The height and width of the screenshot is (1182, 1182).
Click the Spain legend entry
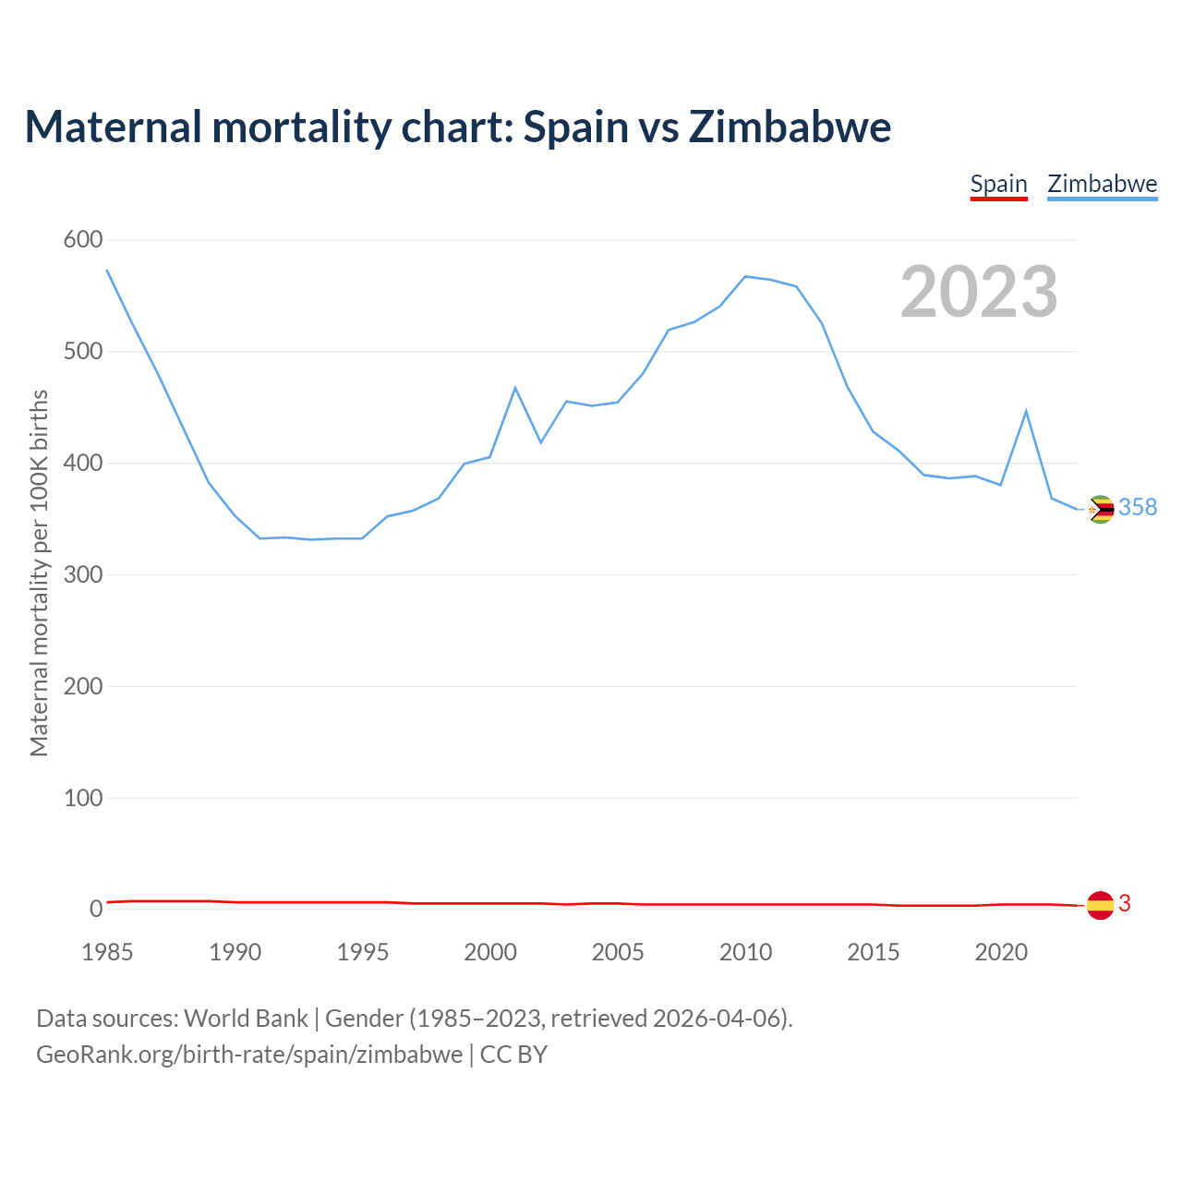(998, 184)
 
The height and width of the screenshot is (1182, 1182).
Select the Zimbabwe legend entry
(1102, 184)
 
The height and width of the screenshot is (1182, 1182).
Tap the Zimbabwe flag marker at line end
(1101, 509)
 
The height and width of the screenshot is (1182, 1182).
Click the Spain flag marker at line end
(1100, 906)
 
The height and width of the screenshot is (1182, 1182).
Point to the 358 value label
(1138, 507)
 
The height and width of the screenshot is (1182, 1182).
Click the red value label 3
(1125, 903)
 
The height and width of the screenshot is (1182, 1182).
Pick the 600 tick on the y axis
(83, 240)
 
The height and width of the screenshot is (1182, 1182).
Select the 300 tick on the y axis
(83, 574)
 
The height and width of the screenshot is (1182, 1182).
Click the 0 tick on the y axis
(96, 909)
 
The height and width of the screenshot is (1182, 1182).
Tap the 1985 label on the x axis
(107, 952)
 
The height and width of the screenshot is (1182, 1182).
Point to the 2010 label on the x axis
(745, 952)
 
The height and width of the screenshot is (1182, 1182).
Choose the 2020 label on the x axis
(1001, 952)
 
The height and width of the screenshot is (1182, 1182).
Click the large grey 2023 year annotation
(979, 292)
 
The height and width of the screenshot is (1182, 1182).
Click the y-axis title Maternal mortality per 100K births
(39, 573)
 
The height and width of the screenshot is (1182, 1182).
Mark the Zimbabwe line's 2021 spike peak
(1026, 411)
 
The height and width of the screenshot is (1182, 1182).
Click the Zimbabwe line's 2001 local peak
(515, 388)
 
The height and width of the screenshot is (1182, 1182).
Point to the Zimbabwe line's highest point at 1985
(107, 270)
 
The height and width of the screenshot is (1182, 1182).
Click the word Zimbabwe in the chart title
(790, 127)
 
